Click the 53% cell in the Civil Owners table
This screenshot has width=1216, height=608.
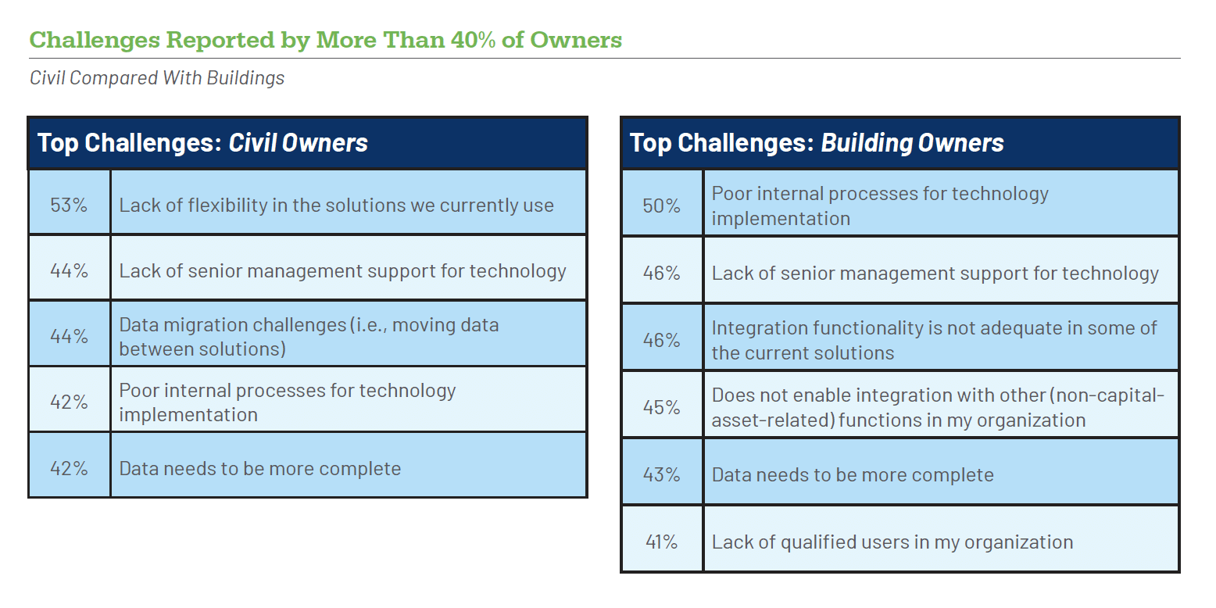(x=69, y=205)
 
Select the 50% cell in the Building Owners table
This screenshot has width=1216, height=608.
(x=661, y=206)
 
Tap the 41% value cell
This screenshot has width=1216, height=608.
(x=661, y=542)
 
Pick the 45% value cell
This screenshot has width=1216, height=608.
(x=661, y=406)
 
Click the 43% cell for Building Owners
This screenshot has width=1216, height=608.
(x=661, y=474)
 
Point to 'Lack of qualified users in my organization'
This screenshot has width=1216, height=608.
(x=892, y=542)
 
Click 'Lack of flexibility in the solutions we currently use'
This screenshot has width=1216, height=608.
(x=337, y=206)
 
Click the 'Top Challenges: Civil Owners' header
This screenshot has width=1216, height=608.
(x=202, y=143)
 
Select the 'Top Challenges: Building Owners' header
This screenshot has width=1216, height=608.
(x=817, y=143)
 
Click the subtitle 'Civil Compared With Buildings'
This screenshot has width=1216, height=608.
(x=157, y=77)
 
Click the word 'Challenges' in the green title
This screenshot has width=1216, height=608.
(x=95, y=41)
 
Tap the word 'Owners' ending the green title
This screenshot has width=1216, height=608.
(x=576, y=40)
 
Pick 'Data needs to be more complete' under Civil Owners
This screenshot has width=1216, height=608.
(x=260, y=468)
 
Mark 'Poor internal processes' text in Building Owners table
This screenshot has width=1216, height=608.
(x=880, y=206)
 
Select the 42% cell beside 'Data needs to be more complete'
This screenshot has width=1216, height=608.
(x=69, y=468)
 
